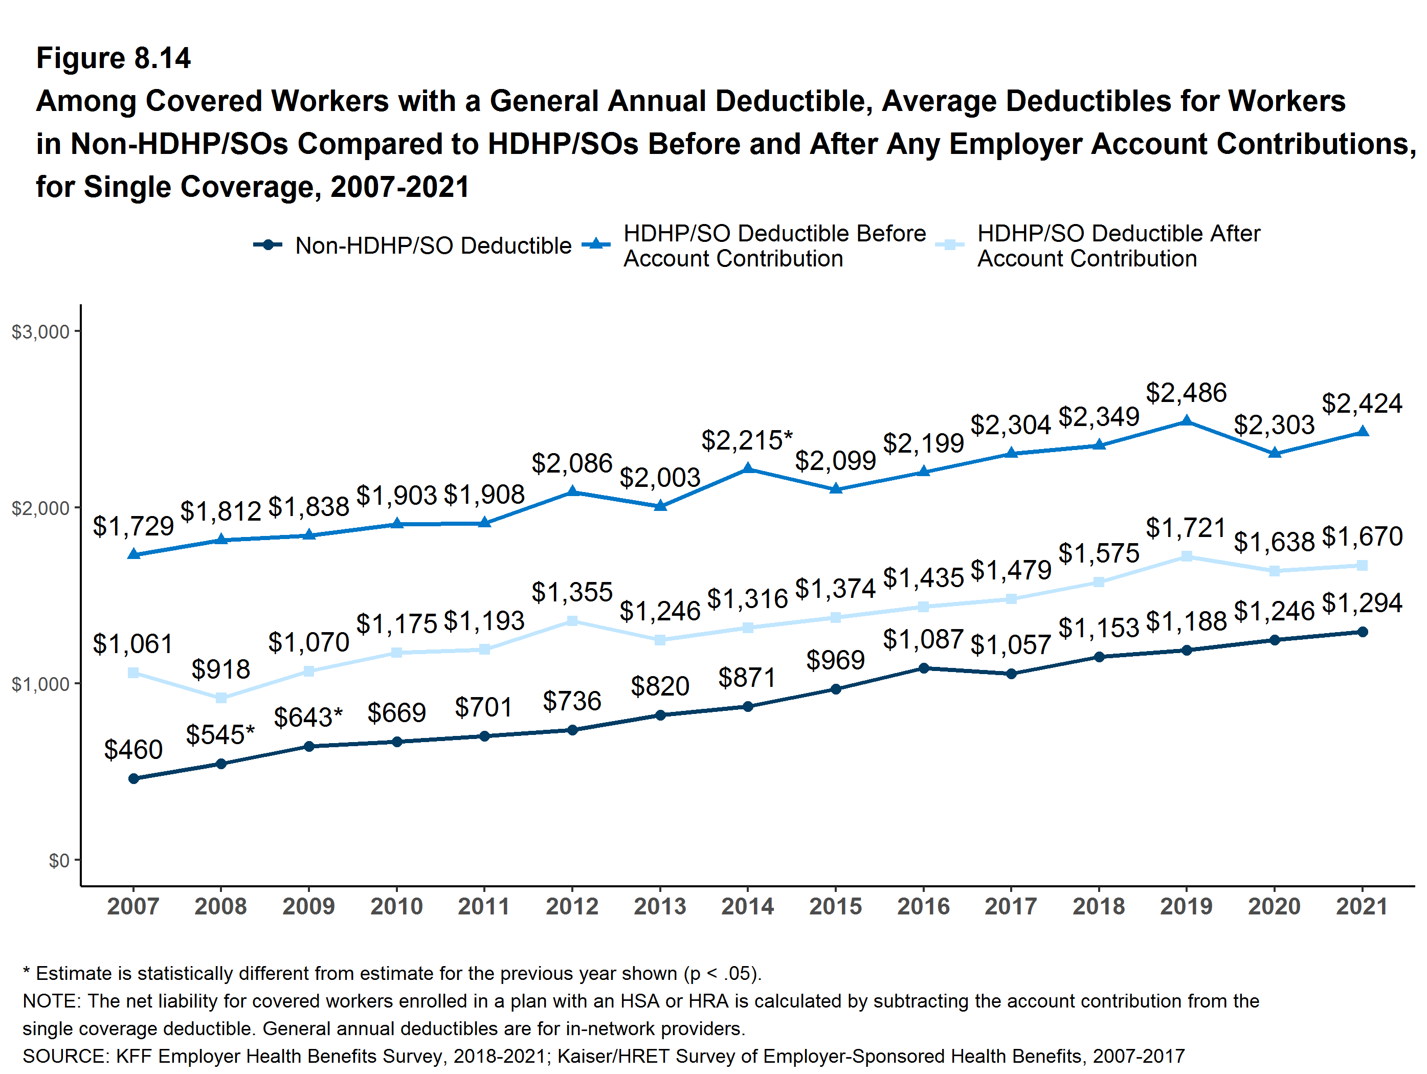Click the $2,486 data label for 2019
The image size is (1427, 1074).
1186,392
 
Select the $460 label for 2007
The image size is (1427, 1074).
133,750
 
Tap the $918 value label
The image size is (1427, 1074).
220,669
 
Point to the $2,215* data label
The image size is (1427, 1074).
747,440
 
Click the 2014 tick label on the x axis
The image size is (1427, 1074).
747,906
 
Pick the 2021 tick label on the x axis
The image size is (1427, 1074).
1362,906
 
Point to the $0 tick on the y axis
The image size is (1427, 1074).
59,861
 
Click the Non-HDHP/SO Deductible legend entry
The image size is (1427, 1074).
433,246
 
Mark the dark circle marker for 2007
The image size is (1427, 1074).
133,778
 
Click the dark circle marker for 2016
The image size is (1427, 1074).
924,668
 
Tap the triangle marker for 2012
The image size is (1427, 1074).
572,491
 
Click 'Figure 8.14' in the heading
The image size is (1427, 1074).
114,58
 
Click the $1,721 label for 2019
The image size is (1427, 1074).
1186,528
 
